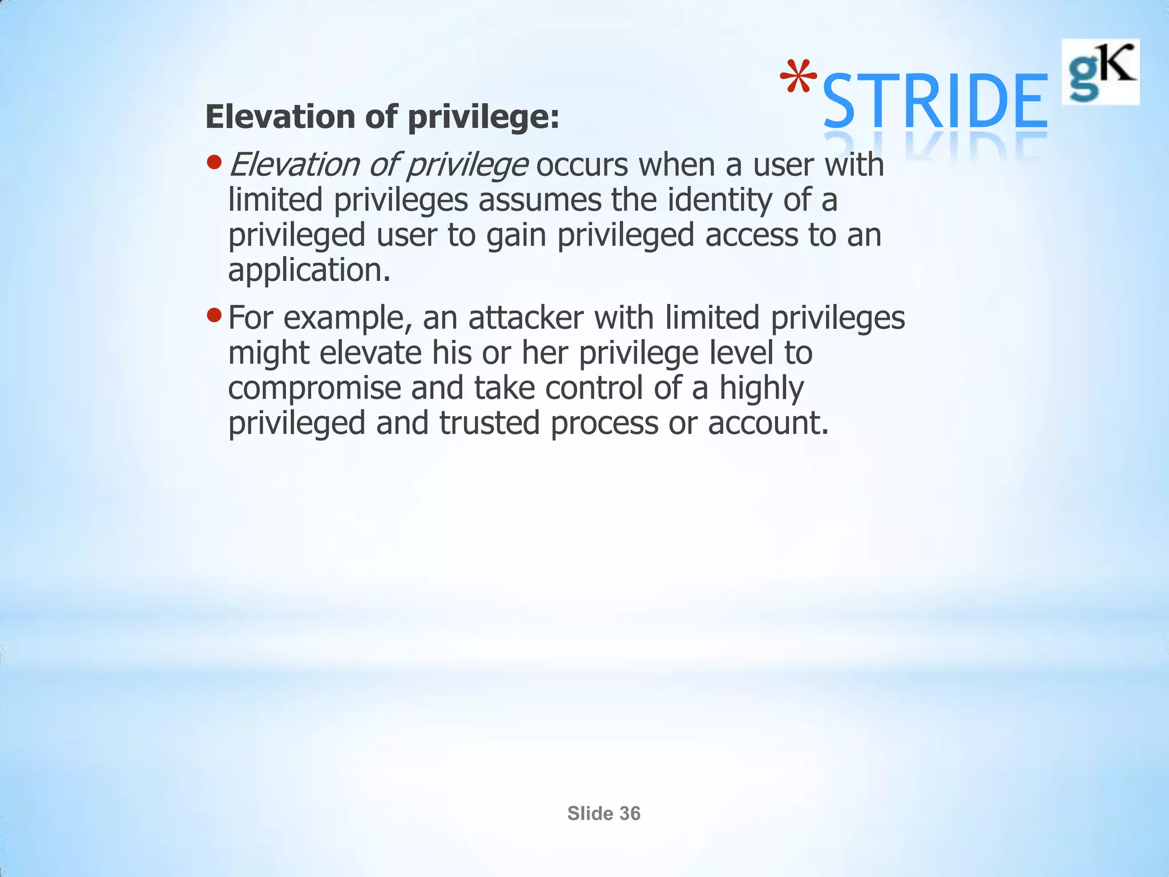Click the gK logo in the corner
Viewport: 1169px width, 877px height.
[x=1100, y=72]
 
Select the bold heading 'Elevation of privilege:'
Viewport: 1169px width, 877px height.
[x=382, y=117]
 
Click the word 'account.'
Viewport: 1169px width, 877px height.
[x=768, y=423]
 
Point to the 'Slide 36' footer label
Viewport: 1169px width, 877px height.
[x=604, y=814]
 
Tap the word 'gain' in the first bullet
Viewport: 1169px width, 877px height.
[x=517, y=235]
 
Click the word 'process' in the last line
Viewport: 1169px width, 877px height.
[x=604, y=423]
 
